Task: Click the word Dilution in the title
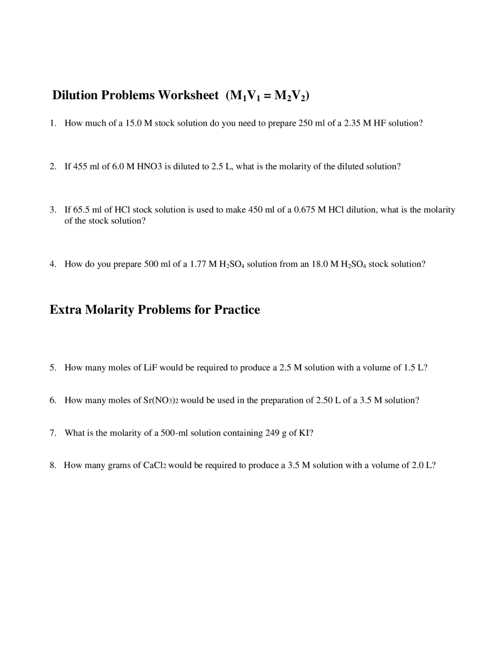[x=75, y=95]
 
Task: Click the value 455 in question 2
[x=80, y=167]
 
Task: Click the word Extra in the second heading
[x=65, y=310]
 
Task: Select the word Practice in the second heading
[x=237, y=310]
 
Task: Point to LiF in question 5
[x=150, y=368]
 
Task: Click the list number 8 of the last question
[x=53, y=466]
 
